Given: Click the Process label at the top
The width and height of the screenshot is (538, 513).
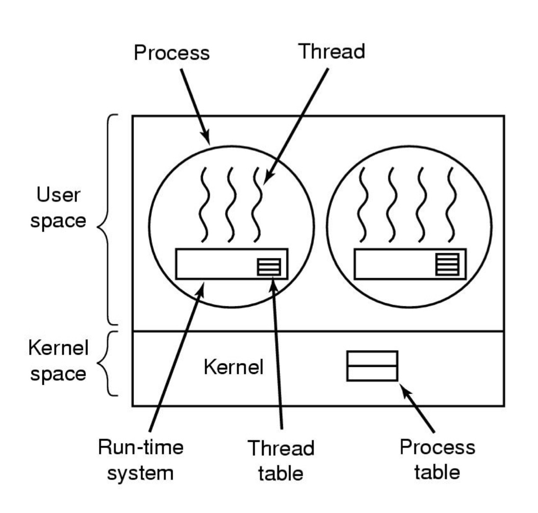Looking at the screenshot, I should click(x=172, y=53).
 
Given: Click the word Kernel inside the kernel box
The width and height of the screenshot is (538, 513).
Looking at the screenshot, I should click(x=233, y=367).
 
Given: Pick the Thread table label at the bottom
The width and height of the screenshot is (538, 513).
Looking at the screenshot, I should click(x=281, y=460).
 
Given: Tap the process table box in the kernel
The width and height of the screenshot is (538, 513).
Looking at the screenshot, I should click(x=372, y=366).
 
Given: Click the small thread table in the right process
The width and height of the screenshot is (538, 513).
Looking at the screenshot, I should click(x=447, y=265).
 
